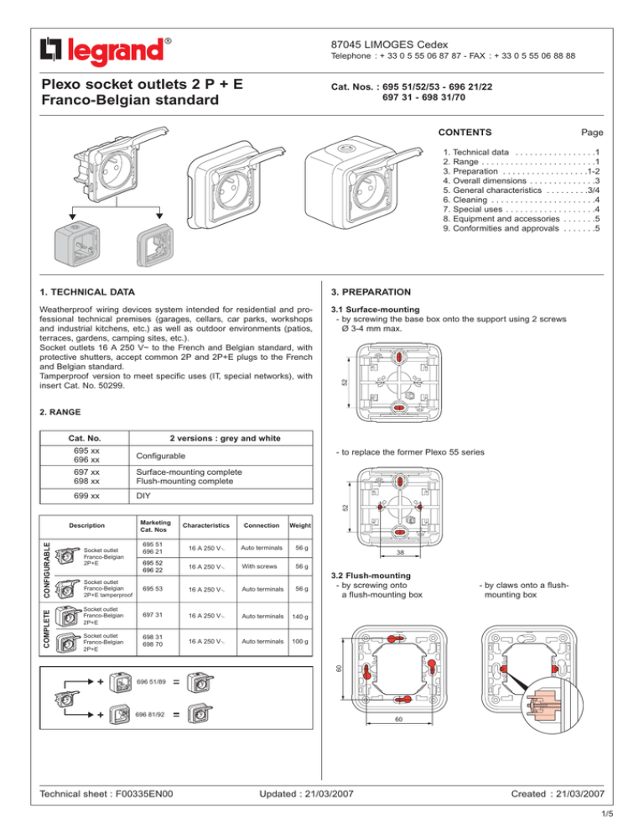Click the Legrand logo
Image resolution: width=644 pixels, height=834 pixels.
(x=105, y=50)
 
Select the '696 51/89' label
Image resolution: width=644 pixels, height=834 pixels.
(x=150, y=681)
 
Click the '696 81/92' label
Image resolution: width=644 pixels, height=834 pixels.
(x=150, y=715)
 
